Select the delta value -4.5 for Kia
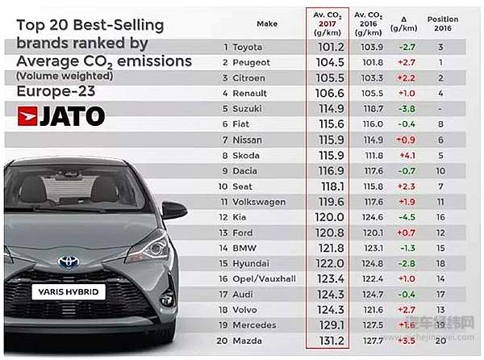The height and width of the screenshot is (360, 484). (408, 216)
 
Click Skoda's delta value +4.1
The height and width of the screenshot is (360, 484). (408, 154)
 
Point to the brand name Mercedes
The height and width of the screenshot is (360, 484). (255, 324)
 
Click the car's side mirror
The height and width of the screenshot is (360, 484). (173, 210)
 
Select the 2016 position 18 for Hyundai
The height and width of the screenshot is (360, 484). (440, 263)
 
